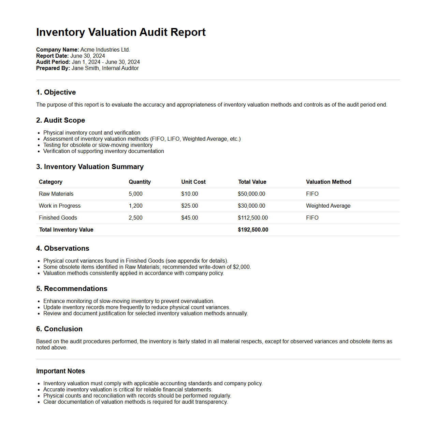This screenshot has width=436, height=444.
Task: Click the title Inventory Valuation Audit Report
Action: tap(121, 32)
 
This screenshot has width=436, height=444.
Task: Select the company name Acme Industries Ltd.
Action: tap(105, 50)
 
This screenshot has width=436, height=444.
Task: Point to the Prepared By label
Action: tap(53, 68)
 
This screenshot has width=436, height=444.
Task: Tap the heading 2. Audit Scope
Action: tap(60, 120)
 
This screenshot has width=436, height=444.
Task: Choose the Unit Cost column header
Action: tap(193, 182)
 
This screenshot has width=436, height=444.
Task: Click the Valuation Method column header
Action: tap(329, 182)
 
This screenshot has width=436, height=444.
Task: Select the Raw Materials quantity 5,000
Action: tap(135, 194)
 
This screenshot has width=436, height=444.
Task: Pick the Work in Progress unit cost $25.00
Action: tap(189, 206)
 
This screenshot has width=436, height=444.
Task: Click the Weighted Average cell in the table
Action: tap(328, 206)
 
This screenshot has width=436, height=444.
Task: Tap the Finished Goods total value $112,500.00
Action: tap(253, 218)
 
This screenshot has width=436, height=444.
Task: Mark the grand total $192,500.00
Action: tap(253, 230)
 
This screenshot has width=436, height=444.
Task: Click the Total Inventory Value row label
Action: tap(66, 230)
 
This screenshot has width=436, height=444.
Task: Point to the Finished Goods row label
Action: tap(58, 218)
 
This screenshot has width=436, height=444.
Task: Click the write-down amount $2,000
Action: tap(242, 267)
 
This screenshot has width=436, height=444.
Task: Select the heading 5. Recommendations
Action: tap(72, 289)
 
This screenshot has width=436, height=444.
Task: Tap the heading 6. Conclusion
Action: tap(59, 329)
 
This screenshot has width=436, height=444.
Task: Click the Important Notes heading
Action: tap(60, 371)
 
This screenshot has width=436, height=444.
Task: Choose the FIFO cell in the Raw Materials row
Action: tap(312, 194)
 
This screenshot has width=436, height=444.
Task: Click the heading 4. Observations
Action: tap(63, 248)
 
